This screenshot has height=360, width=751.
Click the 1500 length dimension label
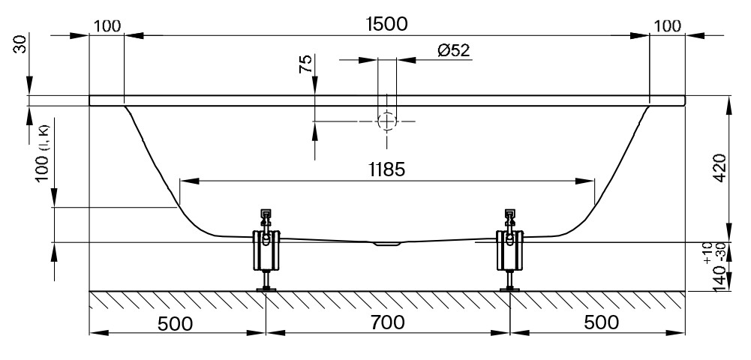pyautogui.click(x=386, y=23)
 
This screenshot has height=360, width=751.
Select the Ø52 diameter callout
pyautogui.click(x=454, y=50)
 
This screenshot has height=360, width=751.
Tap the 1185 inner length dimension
pyautogui.click(x=386, y=169)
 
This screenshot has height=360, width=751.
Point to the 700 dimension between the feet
pyautogui.click(x=387, y=322)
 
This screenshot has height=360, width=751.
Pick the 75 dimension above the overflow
pyautogui.click(x=305, y=64)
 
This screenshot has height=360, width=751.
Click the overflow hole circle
pyautogui.click(x=387, y=121)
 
